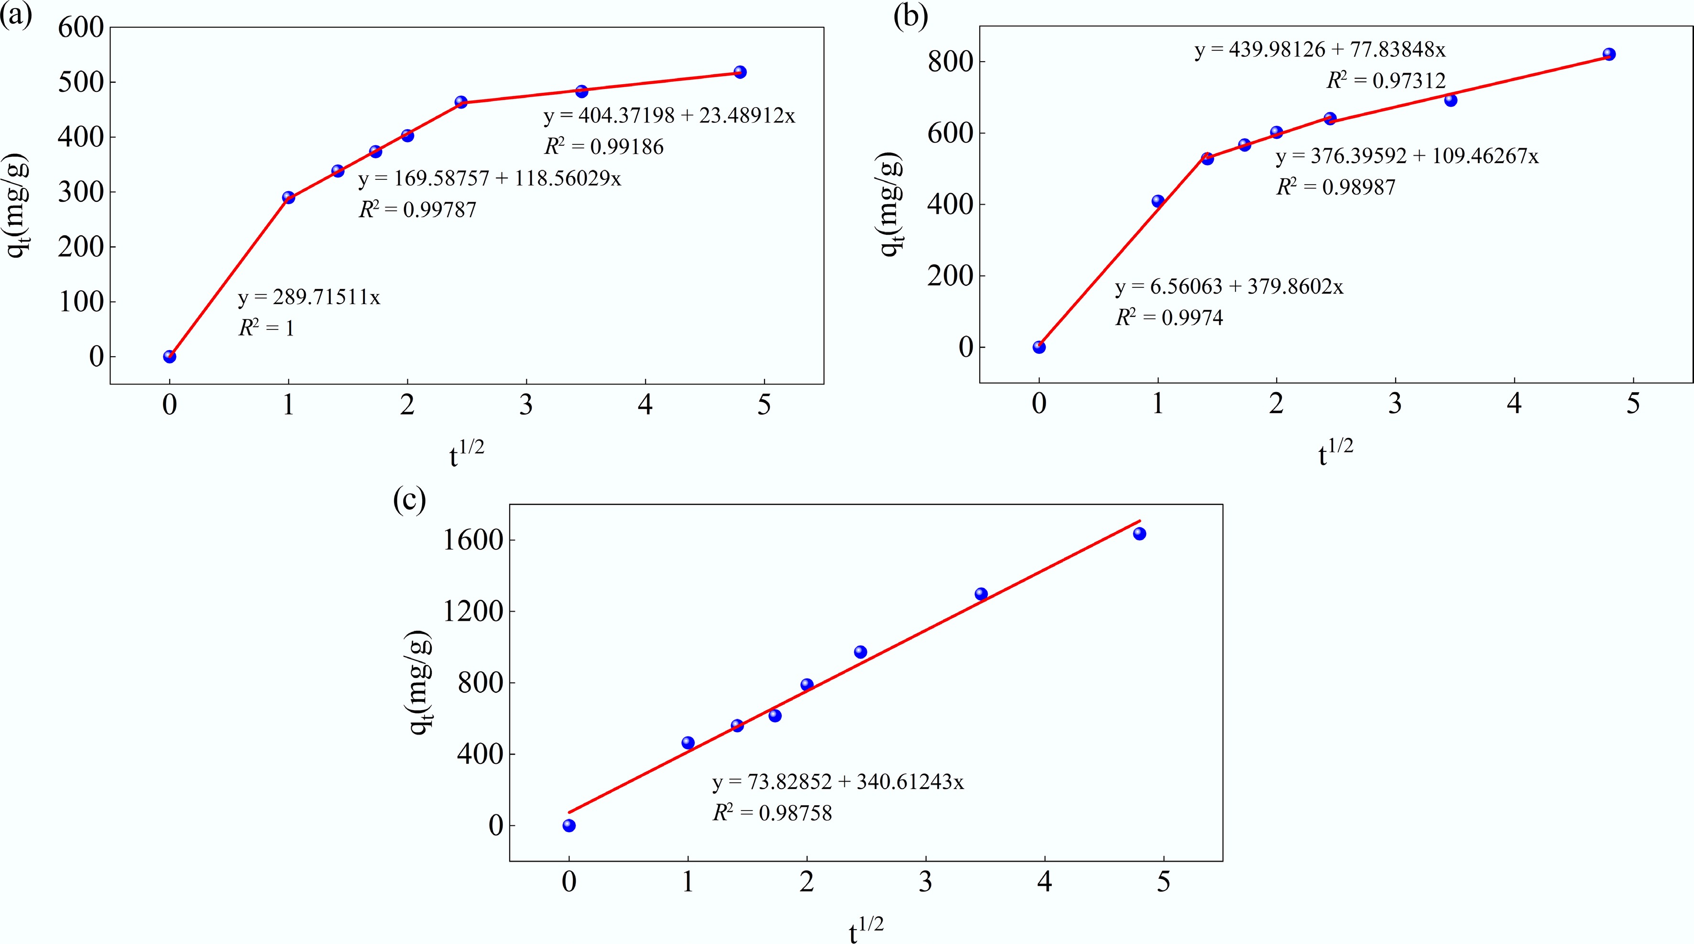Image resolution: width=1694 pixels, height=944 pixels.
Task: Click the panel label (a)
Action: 16,14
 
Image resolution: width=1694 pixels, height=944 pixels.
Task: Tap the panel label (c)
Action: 409,499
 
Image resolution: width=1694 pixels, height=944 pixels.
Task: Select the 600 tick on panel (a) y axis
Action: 81,28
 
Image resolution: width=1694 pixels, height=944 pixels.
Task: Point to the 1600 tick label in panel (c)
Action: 473,540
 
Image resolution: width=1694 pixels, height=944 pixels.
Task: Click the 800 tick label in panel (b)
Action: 950,62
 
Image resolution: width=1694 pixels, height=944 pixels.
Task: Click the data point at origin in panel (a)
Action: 170,357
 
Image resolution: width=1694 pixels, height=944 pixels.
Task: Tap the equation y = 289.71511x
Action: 309,298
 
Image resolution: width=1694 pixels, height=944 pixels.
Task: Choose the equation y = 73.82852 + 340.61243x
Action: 838,782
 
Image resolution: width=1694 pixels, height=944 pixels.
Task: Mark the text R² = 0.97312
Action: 1386,81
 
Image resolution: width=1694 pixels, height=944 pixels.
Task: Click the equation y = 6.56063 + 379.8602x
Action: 1229,287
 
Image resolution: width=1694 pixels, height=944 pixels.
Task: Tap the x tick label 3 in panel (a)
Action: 526,405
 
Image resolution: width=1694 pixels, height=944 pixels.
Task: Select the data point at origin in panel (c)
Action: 569,825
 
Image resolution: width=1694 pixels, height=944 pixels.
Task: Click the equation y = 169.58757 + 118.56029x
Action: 489,179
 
